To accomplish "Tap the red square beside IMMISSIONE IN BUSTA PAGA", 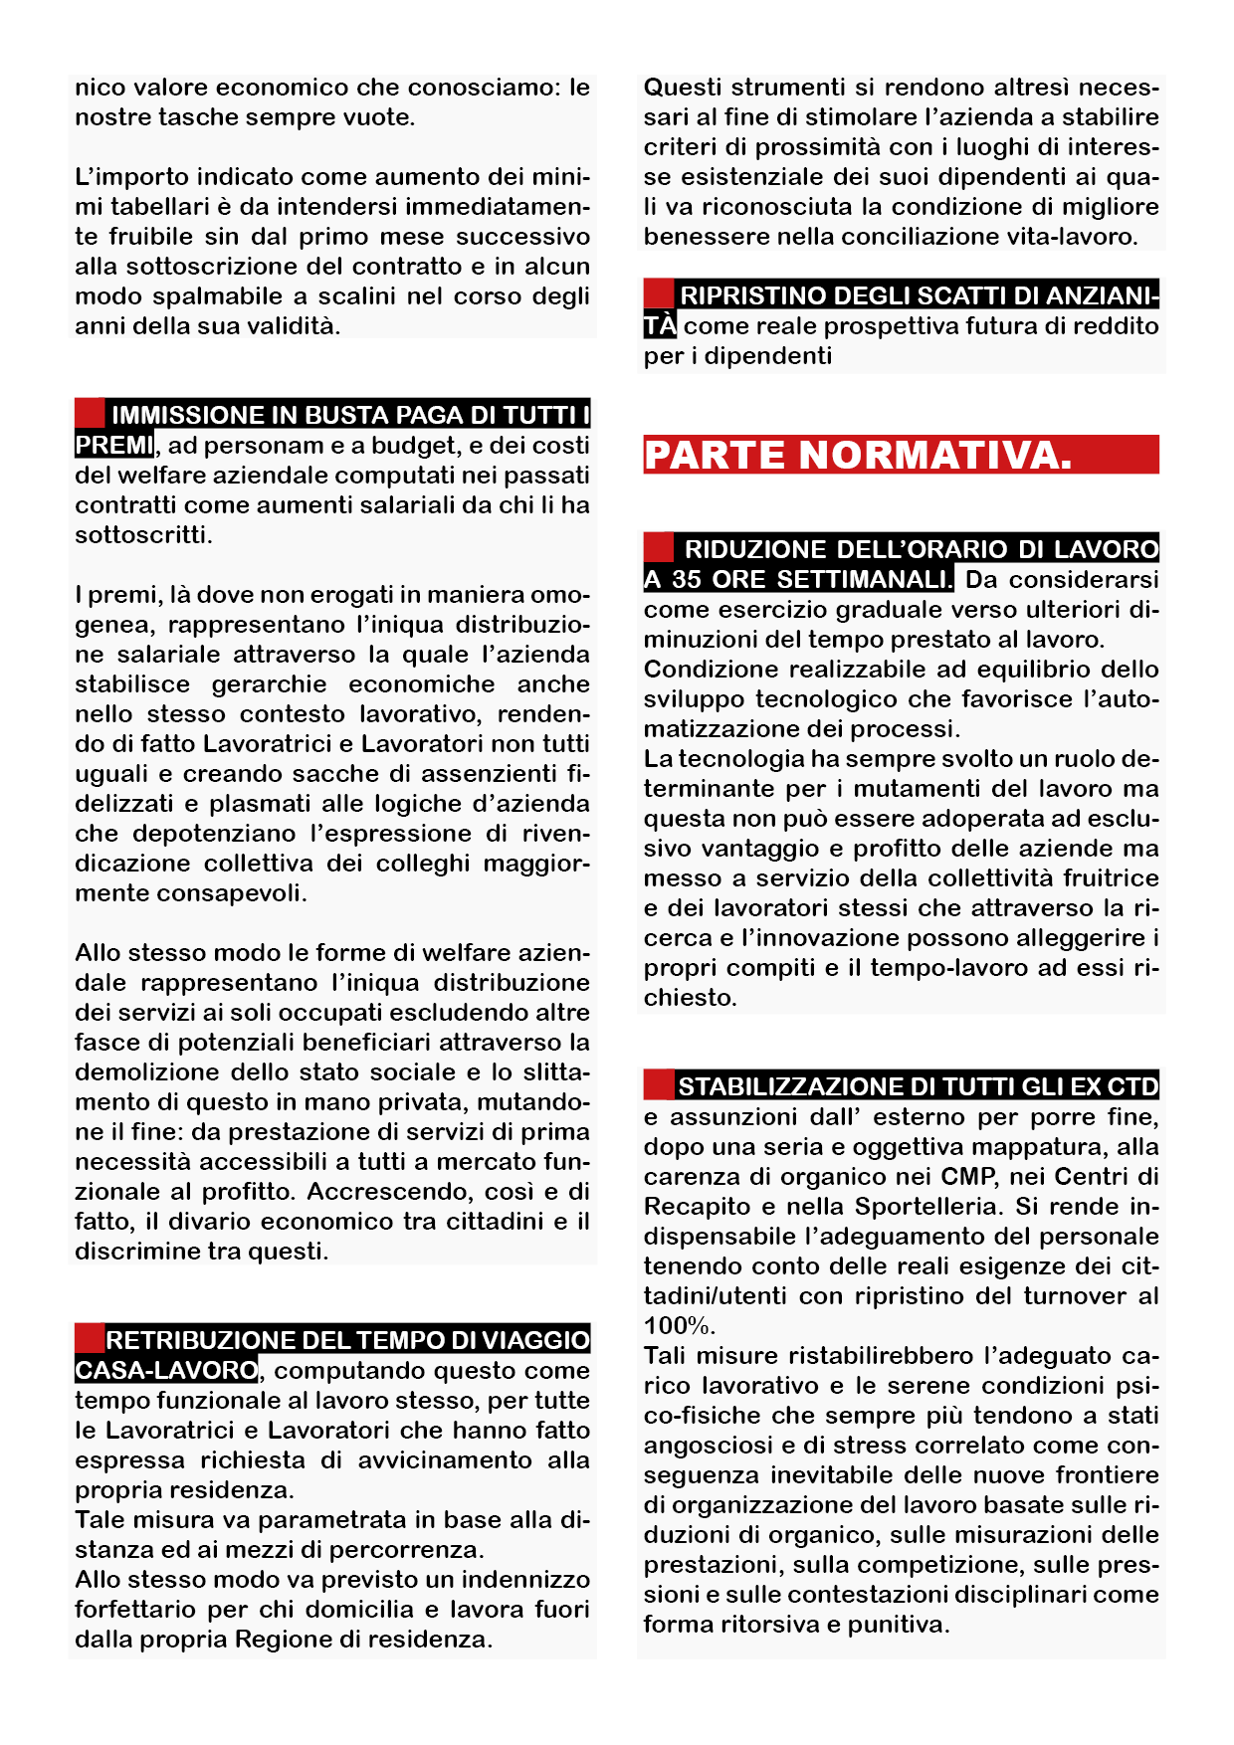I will (x=90, y=413).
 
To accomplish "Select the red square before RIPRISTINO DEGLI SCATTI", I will (x=658, y=293).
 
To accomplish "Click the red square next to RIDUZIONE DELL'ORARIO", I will (x=658, y=547).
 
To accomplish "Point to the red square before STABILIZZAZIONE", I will (x=658, y=1084).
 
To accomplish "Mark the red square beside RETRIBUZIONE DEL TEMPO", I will (x=90, y=1338).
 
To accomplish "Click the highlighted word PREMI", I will (x=114, y=445).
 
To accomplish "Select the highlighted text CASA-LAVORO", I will (x=166, y=1370).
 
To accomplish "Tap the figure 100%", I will (x=680, y=1326).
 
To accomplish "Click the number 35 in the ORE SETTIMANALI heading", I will (x=687, y=579).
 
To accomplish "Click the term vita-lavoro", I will (x=1066, y=237).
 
